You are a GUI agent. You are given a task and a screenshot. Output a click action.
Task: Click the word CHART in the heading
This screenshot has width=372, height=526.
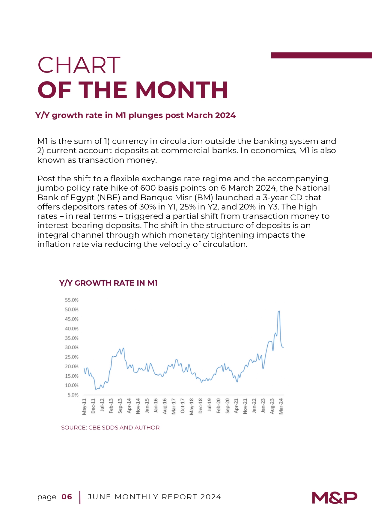pyautogui.click(x=79, y=65)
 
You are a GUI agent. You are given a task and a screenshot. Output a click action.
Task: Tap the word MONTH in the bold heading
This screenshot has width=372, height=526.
pyautogui.click(x=182, y=90)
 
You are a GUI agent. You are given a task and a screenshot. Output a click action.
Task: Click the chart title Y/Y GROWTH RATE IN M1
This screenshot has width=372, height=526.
pyautogui.click(x=109, y=283)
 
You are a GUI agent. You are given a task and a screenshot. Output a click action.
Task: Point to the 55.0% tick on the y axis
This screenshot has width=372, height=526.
pyautogui.click(x=72, y=300)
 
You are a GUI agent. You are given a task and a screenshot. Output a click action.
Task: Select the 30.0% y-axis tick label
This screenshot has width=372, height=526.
pyautogui.click(x=72, y=347)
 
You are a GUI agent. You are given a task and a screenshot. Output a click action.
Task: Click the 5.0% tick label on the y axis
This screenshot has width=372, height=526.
pyautogui.click(x=73, y=395)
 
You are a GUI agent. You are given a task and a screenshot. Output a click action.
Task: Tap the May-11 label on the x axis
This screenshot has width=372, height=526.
pyautogui.click(x=84, y=406)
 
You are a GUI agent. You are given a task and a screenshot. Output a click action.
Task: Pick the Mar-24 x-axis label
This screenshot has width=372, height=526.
pyautogui.click(x=281, y=406)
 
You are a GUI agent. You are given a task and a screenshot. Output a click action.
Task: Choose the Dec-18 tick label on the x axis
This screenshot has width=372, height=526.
pyautogui.click(x=201, y=406)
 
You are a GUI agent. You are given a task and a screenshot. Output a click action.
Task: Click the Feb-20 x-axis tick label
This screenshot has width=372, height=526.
pyautogui.click(x=219, y=406)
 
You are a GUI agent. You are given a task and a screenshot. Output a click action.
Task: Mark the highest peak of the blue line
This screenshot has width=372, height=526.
pyautogui.click(x=279, y=311)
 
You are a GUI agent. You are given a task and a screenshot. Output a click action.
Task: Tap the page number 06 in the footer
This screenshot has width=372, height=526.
pyautogui.click(x=67, y=497)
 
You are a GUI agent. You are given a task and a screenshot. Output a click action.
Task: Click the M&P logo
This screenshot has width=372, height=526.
pyautogui.click(x=335, y=498)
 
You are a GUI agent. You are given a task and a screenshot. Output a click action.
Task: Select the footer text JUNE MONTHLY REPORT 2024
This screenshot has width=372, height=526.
pyautogui.click(x=154, y=497)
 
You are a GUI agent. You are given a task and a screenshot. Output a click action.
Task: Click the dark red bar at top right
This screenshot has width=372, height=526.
pyautogui.click(x=322, y=55)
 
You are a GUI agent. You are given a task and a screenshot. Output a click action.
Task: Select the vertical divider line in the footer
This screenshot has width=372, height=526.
pyautogui.click(x=80, y=498)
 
